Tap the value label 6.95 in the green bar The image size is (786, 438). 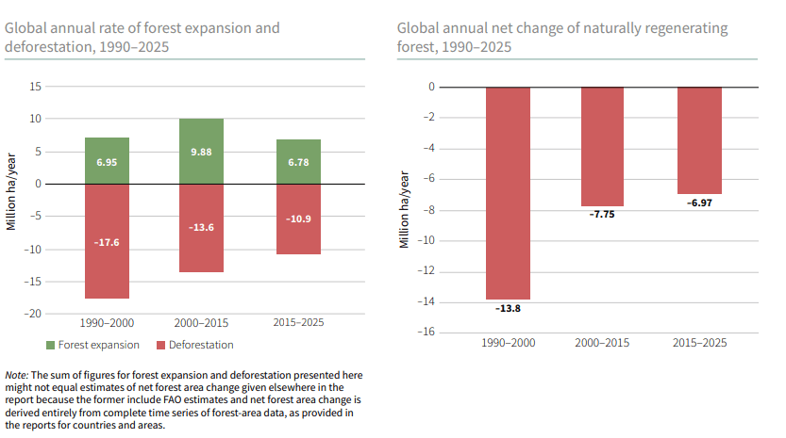(107, 162)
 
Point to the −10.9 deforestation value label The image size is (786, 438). (297, 219)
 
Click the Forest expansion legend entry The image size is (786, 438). (92, 345)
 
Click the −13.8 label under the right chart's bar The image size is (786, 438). (508, 308)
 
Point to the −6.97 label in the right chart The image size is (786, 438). (699, 203)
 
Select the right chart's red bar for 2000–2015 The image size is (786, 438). (602, 146)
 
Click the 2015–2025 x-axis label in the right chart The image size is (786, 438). (699, 343)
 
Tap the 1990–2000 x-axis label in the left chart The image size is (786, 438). (107, 322)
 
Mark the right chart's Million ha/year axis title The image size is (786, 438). (404, 210)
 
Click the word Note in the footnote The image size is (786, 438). (16, 375)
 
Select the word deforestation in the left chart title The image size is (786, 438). (50, 45)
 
